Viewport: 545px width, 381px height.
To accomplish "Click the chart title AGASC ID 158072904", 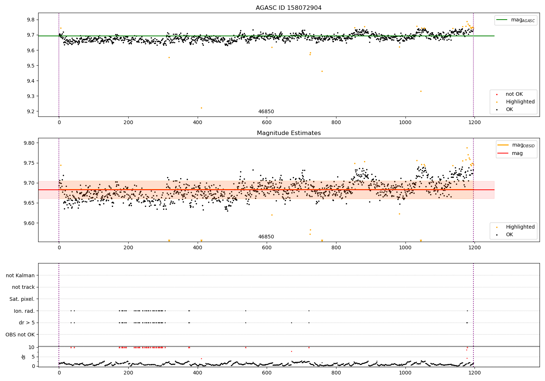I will [x=288, y=8].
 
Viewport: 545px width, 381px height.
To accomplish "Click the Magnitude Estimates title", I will [x=288, y=133].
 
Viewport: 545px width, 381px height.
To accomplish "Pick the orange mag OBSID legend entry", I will [x=516, y=145].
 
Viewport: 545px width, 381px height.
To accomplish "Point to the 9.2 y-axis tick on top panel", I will [x=31, y=111].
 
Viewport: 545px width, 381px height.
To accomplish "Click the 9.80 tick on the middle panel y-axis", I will [x=29, y=143].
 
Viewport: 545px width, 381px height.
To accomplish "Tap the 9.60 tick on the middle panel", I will [x=29, y=223].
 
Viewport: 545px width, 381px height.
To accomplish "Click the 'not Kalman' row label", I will [x=20, y=275].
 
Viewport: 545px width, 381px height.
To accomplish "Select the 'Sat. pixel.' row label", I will [x=22, y=299].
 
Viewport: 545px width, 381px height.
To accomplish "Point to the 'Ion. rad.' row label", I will [x=24, y=311].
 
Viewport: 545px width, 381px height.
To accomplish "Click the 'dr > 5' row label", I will [x=27, y=323].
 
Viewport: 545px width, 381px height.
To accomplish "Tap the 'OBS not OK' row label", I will [x=20, y=335].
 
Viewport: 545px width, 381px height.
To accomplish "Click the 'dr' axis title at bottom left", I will [x=24, y=357].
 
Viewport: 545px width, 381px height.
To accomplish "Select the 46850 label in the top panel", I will [x=266, y=112].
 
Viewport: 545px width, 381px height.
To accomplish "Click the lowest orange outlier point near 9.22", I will [x=201, y=108].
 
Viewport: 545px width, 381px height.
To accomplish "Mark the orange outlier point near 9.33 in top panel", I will [x=421, y=91].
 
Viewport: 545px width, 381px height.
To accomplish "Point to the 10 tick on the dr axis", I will [x=31, y=347].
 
